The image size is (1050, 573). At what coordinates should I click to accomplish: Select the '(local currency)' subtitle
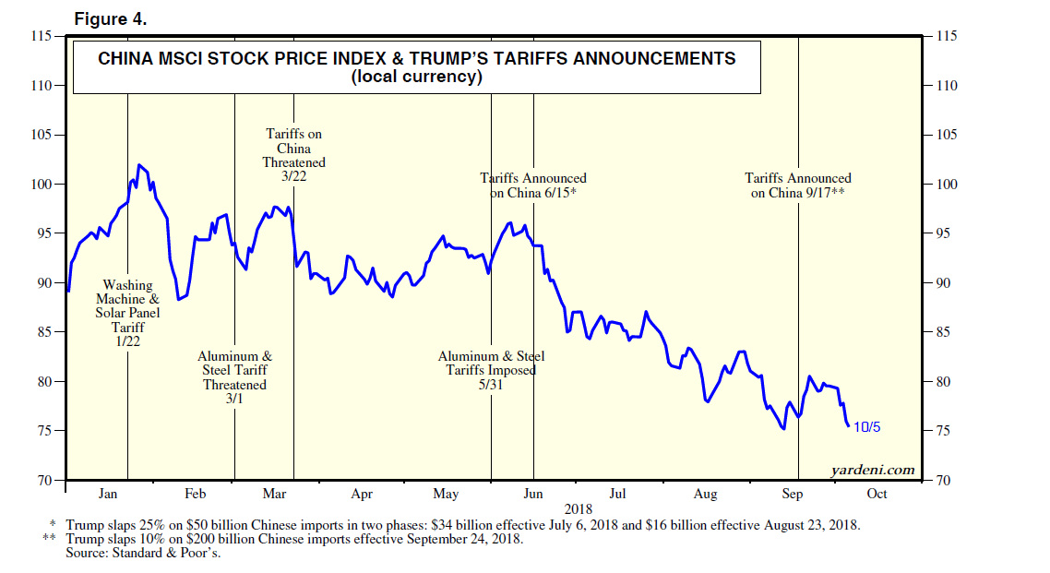pyautogui.click(x=417, y=78)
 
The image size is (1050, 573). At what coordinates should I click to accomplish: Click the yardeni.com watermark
pyautogui.click(x=873, y=470)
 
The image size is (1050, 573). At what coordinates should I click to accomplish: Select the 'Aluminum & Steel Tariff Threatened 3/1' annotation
pyautogui.click(x=234, y=377)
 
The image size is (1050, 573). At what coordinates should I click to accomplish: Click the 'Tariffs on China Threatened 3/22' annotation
pyautogui.click(x=293, y=156)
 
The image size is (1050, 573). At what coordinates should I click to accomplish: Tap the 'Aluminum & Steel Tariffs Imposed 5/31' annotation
pyautogui.click(x=491, y=370)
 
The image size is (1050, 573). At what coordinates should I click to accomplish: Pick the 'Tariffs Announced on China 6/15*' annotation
pyautogui.click(x=533, y=185)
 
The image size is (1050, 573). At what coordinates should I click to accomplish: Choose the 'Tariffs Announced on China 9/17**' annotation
pyautogui.click(x=798, y=185)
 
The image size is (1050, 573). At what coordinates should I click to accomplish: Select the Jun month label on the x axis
pyautogui.click(x=533, y=494)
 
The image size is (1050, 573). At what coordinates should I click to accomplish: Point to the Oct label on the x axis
pyautogui.click(x=877, y=494)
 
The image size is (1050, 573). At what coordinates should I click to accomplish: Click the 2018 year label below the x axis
pyautogui.click(x=578, y=508)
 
